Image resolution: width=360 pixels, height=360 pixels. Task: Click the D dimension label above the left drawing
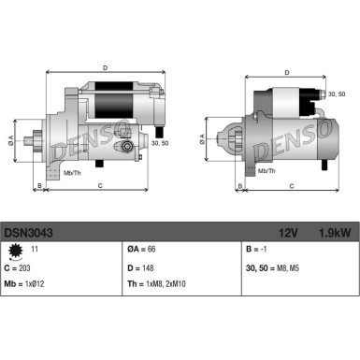click(x=105, y=68)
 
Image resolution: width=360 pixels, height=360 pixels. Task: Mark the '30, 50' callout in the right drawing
click(x=334, y=94)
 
